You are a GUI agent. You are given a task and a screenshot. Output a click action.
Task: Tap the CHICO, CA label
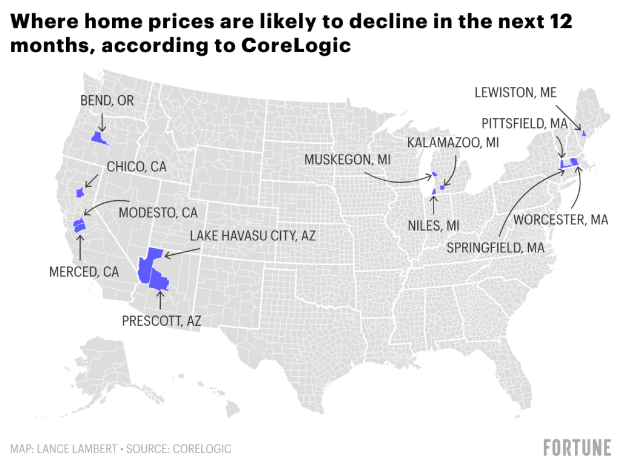[x=136, y=167]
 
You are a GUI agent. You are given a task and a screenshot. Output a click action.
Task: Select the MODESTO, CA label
[x=158, y=213]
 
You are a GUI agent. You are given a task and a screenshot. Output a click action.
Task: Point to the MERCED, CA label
[x=84, y=272]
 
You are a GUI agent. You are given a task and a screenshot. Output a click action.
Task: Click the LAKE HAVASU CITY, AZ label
[x=253, y=236]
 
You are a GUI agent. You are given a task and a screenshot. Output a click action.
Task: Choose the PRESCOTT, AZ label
[x=161, y=322]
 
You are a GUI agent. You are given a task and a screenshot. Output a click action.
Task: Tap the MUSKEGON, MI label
[x=347, y=160]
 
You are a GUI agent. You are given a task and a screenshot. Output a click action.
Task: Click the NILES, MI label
[x=434, y=226]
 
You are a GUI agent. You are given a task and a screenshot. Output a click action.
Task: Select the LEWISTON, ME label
[x=515, y=93]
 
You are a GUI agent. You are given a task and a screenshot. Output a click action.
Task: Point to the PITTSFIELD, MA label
[x=525, y=124]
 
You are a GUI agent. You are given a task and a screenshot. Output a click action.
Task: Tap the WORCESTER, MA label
[x=561, y=220]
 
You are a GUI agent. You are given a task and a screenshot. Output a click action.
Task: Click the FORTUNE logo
[x=577, y=448]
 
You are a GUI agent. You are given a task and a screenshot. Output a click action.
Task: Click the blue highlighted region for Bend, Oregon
[x=98, y=138]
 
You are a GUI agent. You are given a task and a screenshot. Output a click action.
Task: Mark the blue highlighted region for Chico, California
[x=79, y=192]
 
